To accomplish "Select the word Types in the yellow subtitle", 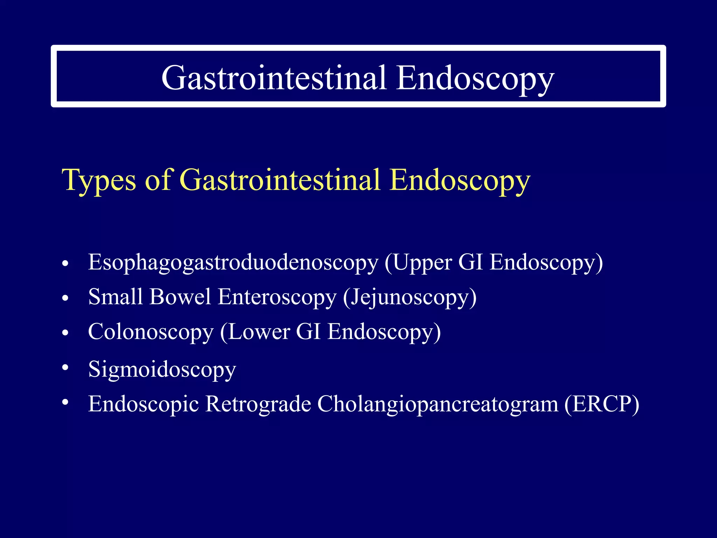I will (99, 180).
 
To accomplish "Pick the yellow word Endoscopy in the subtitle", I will (460, 180).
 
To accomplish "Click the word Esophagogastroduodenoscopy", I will (233, 263).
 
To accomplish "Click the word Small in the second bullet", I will (116, 297).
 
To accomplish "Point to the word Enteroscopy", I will (277, 297).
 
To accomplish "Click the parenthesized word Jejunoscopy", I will (410, 297).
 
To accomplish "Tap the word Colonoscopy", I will (151, 332).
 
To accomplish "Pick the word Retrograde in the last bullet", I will (258, 404).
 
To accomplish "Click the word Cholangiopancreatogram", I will (438, 404).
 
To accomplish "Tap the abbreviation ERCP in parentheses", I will (601, 404).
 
